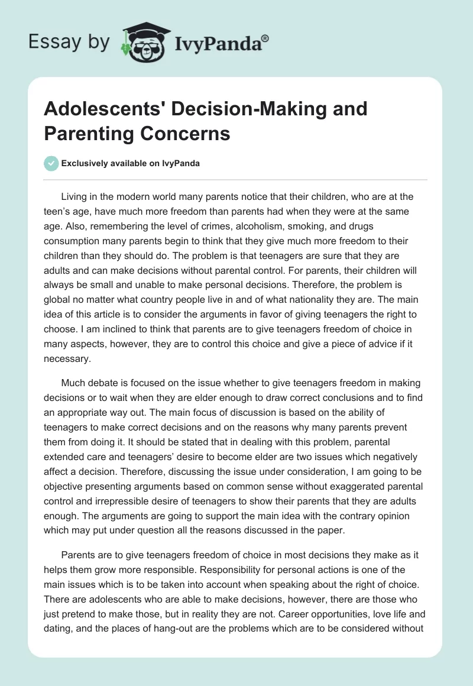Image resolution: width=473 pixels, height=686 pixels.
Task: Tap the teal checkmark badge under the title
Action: coord(51,163)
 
